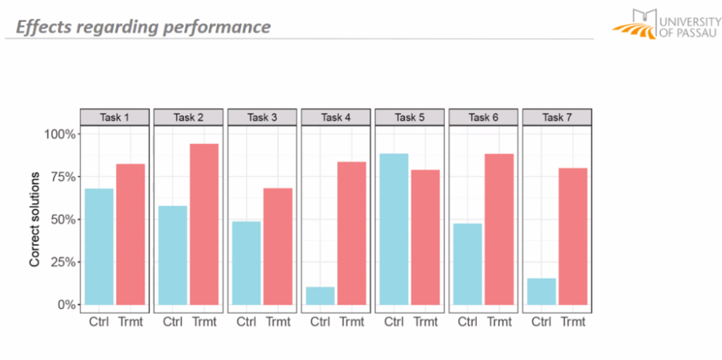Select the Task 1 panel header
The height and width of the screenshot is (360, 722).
[114, 117]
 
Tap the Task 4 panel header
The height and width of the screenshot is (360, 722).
[336, 117]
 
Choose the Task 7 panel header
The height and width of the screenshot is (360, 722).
[557, 117]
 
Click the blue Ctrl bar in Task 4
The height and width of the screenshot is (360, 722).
[320, 296]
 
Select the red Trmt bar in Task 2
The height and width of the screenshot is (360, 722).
[204, 224]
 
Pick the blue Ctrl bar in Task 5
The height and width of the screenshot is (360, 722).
[394, 229]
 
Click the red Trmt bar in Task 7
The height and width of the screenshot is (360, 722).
[572, 236]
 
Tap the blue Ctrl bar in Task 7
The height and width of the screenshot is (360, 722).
[541, 291]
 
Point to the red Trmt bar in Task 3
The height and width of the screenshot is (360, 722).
[277, 246]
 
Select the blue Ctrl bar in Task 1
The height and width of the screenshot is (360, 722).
[99, 246]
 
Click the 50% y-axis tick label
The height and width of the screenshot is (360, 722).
[61, 219]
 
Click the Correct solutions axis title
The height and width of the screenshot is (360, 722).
[34, 219]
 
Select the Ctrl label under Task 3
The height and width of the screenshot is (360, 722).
[247, 322]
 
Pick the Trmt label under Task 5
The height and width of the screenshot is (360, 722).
[425, 322]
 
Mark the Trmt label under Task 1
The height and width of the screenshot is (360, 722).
[130, 322]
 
